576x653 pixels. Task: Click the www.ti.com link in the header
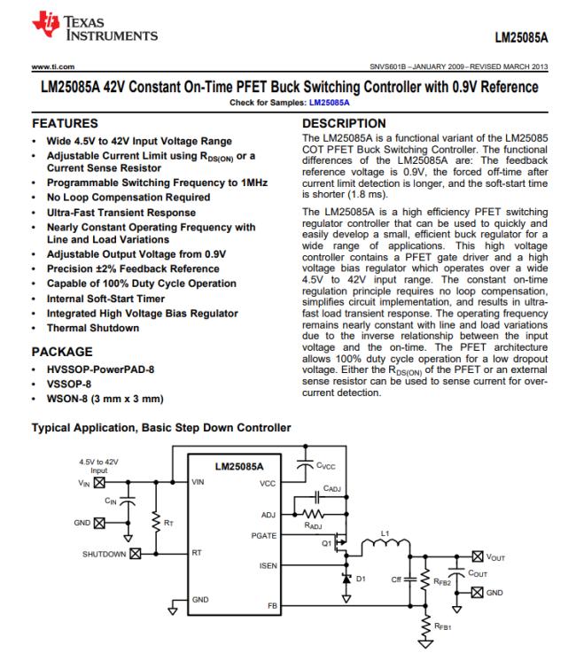tap(50, 66)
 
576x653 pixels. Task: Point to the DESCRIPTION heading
tap(344, 122)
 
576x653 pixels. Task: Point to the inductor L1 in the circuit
tap(387, 543)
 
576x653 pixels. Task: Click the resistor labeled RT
tap(159, 524)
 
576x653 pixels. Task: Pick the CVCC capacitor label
tap(330, 465)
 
